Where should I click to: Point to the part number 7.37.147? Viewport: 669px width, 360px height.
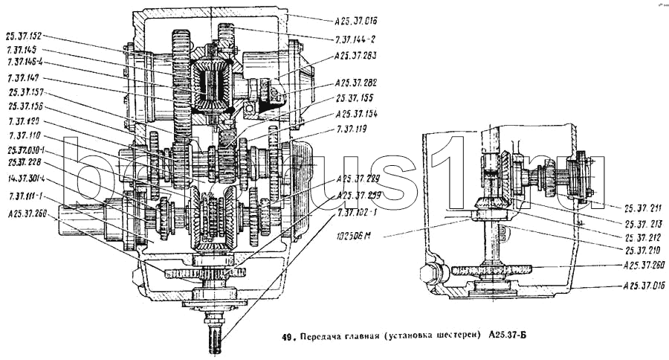25,77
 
